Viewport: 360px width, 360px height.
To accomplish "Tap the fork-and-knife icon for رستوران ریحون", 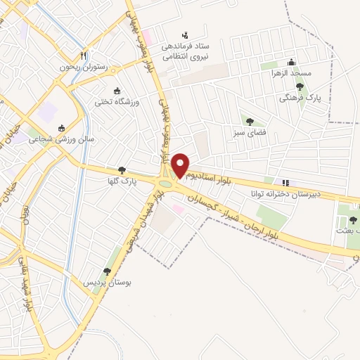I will [x=83, y=55].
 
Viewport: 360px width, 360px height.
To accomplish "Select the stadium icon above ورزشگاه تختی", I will [x=117, y=91].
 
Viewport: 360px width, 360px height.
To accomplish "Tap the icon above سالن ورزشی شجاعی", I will [x=61, y=128].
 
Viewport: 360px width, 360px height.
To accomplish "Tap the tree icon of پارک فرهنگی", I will [x=300, y=86].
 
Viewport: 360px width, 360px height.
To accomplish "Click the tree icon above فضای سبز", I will [x=250, y=121].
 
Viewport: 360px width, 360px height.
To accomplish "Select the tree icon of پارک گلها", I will [x=122, y=170].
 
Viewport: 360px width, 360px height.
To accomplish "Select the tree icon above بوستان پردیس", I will [x=108, y=271].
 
